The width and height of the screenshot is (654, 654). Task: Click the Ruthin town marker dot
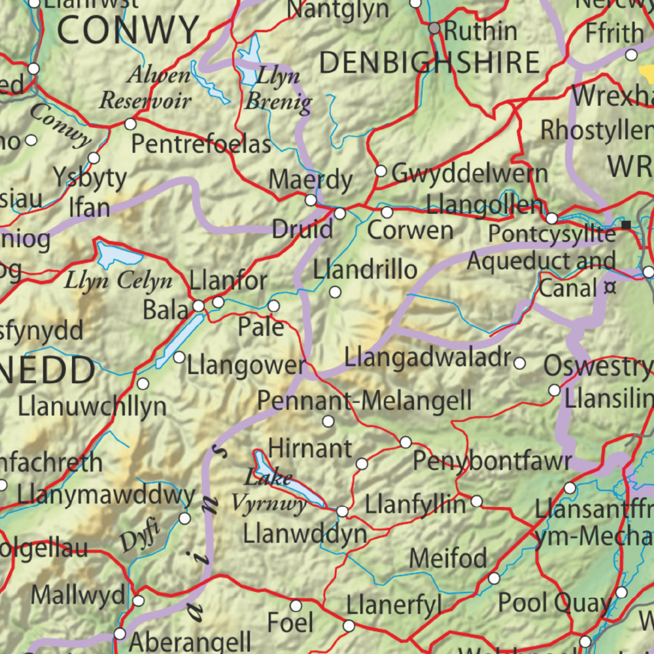coord(434,29)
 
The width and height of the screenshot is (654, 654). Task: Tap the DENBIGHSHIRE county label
coord(430,63)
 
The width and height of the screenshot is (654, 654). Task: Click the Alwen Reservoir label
coord(145,88)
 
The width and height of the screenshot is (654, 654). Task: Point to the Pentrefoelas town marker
coord(130,124)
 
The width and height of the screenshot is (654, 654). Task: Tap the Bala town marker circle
coord(199,306)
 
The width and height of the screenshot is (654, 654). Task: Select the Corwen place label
coord(410,230)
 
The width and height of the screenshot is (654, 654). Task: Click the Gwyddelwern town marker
coord(381,171)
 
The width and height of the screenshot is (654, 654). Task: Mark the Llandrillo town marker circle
coord(335,292)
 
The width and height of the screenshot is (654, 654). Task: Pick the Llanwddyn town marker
coord(342,511)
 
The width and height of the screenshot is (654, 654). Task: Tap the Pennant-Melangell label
coord(364,400)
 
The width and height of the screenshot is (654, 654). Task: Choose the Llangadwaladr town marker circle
coord(520,363)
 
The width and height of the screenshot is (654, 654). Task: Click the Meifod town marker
coord(494,578)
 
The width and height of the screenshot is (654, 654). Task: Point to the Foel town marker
coord(296,606)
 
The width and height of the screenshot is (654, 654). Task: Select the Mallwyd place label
coord(78,595)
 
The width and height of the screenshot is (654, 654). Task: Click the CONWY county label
coord(128,29)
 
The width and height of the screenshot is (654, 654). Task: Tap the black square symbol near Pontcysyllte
coord(627,225)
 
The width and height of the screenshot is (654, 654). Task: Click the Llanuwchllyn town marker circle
coord(143,384)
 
